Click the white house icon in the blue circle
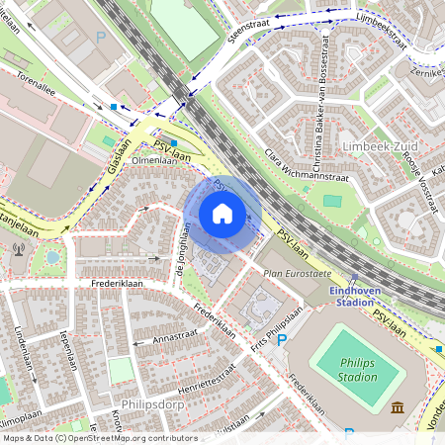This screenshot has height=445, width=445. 222,214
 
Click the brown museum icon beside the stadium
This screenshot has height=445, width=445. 397,408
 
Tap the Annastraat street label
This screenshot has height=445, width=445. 174,337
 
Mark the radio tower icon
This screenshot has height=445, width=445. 20,244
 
